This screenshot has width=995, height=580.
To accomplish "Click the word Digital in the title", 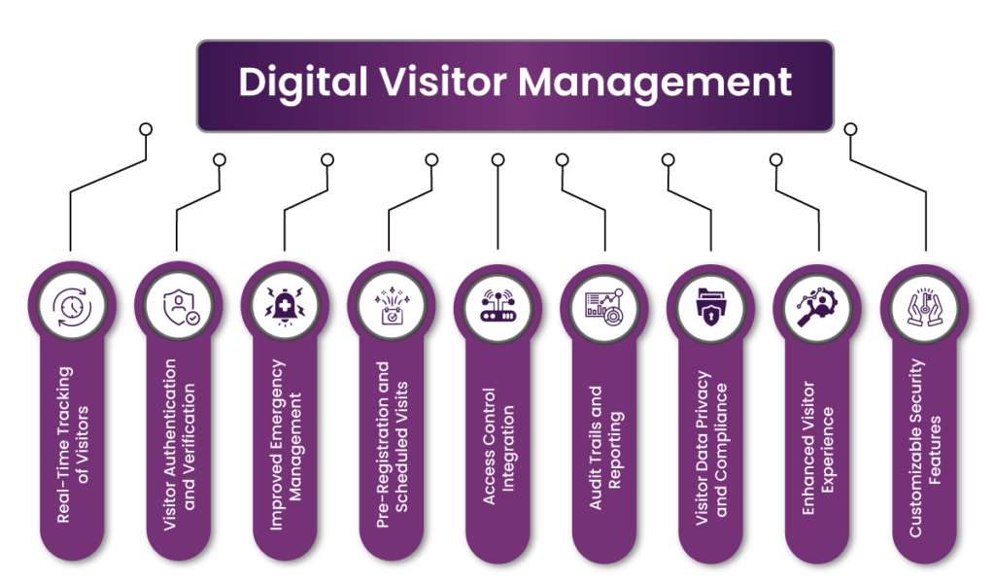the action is click(303, 83).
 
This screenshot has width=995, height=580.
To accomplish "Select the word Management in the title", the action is click(655, 84).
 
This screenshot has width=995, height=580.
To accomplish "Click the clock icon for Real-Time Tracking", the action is click(72, 307).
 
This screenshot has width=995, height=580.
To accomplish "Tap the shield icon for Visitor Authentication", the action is click(180, 308).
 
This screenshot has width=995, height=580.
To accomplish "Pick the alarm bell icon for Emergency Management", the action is click(285, 307).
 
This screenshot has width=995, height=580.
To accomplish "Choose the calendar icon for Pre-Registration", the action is click(392, 306).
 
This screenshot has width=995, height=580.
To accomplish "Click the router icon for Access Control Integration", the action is click(498, 306).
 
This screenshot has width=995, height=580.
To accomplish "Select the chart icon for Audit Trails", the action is click(604, 308).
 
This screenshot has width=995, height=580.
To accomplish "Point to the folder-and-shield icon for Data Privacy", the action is click(710, 308).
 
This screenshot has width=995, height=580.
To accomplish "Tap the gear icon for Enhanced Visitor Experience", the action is click(817, 307).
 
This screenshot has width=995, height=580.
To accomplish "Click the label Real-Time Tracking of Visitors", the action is click(72, 445).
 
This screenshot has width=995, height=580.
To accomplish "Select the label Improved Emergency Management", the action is click(286, 445).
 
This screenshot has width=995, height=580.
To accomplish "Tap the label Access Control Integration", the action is click(498, 447).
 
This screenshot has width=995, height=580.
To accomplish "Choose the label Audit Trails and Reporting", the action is click(604, 447).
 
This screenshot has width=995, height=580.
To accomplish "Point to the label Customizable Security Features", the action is click(925, 448).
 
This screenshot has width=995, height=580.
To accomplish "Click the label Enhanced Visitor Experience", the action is click(817, 448).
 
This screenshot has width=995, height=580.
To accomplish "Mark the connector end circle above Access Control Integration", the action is click(498, 160).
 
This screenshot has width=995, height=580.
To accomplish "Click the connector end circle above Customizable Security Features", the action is click(850, 129).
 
